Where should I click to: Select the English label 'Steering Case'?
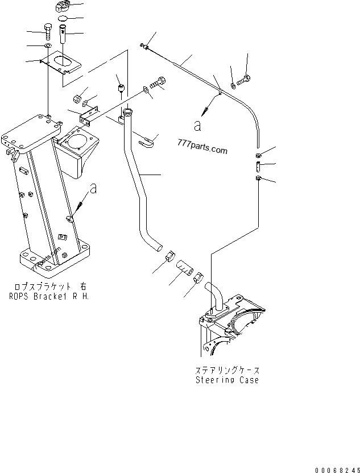click(227, 380)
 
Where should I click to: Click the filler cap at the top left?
click(63, 8)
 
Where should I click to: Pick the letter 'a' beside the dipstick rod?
click(197, 126)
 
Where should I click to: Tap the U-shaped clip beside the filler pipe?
click(149, 140)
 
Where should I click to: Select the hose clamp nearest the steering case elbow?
click(199, 278)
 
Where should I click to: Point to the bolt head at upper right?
click(247, 79)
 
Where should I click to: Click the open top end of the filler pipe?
click(128, 113)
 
